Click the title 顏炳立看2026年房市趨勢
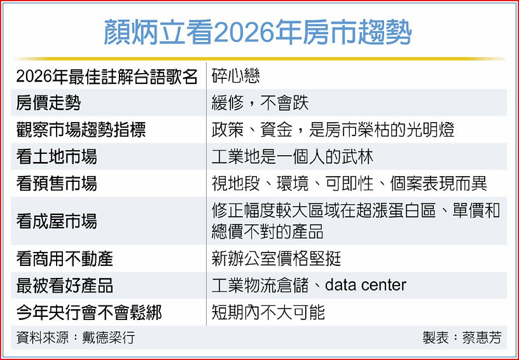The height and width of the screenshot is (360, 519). pos(258,32)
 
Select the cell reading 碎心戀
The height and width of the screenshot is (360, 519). pos(236,76)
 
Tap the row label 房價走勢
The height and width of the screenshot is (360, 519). pos(48,103)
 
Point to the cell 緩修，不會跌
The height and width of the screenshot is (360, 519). pos(260,103)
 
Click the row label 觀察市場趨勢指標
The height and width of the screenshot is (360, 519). pos(81,129)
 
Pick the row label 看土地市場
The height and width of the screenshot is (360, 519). pos(57,156)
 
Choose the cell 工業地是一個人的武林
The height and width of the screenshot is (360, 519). pos(292,156)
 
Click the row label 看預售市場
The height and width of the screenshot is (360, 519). pos(57,183)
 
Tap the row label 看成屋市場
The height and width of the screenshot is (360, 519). pos(57,221)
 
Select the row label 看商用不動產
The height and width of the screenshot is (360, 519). pos(64,259)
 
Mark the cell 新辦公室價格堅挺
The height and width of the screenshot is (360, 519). pos(277,259)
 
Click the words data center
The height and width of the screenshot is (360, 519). pos(366,285)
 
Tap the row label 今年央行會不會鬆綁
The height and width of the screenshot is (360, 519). pos(89,312)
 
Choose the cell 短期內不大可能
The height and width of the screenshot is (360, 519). pos(268,312)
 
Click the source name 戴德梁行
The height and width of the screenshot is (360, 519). pos(108,338)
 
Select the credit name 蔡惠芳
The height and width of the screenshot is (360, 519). pos(482,338)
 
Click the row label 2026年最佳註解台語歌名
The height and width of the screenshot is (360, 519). pos(106,76)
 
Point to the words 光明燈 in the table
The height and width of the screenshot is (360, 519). pos(430,129)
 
